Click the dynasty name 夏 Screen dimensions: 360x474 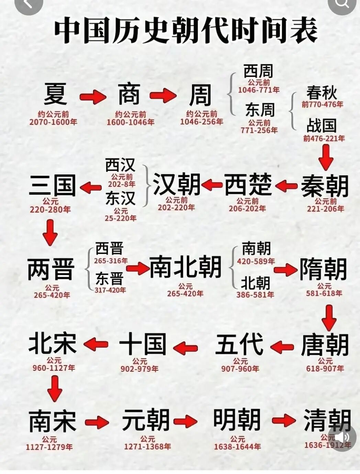click(55, 94)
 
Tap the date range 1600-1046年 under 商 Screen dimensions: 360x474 click(131, 122)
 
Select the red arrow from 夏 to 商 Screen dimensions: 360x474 click(93, 97)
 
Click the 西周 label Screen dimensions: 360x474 click(258, 71)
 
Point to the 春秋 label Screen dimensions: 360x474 click(322, 93)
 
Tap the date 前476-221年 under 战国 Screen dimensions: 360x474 click(324, 139)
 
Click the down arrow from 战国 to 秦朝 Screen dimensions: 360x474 click(326, 157)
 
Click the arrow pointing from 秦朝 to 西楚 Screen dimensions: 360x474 click(286, 186)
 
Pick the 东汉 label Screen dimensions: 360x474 click(121, 198)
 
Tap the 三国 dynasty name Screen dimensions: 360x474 click(52, 185)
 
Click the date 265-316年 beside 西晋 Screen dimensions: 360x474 click(111, 261)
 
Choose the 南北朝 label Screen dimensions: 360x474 click(185, 267)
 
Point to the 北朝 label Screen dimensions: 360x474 click(255, 283)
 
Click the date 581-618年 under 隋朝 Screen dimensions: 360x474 click(324, 293)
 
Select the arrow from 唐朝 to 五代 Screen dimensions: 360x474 click(282, 347)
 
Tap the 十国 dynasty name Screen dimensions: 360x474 click(143, 344)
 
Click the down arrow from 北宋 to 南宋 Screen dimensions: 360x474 click(55, 388)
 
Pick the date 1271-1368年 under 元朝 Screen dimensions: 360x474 click(148, 447)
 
